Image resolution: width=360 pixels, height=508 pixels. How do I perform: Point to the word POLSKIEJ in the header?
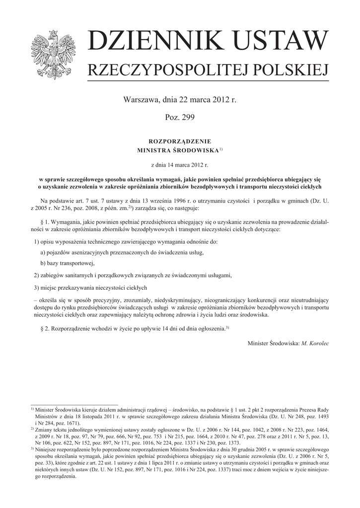tap(290, 70)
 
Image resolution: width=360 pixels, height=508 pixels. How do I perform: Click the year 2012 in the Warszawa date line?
tap(220, 100)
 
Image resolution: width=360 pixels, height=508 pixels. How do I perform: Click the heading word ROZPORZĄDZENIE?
tap(180, 141)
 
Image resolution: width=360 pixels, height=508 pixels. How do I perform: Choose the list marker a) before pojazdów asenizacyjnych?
tap(43, 252)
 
